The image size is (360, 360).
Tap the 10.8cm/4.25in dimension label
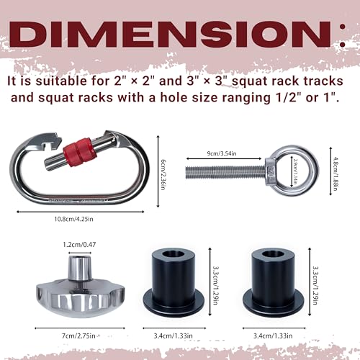pos(73,219)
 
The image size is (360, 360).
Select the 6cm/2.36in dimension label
pos(163,174)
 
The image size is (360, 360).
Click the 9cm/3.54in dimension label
pos(222,153)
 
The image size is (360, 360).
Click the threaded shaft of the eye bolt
pos(225,172)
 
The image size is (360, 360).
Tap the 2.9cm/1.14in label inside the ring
pos(295,171)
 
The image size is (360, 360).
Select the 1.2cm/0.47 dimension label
pos(79,245)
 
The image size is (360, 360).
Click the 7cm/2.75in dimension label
pos(78,336)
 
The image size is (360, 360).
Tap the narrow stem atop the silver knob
pos(80,268)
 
